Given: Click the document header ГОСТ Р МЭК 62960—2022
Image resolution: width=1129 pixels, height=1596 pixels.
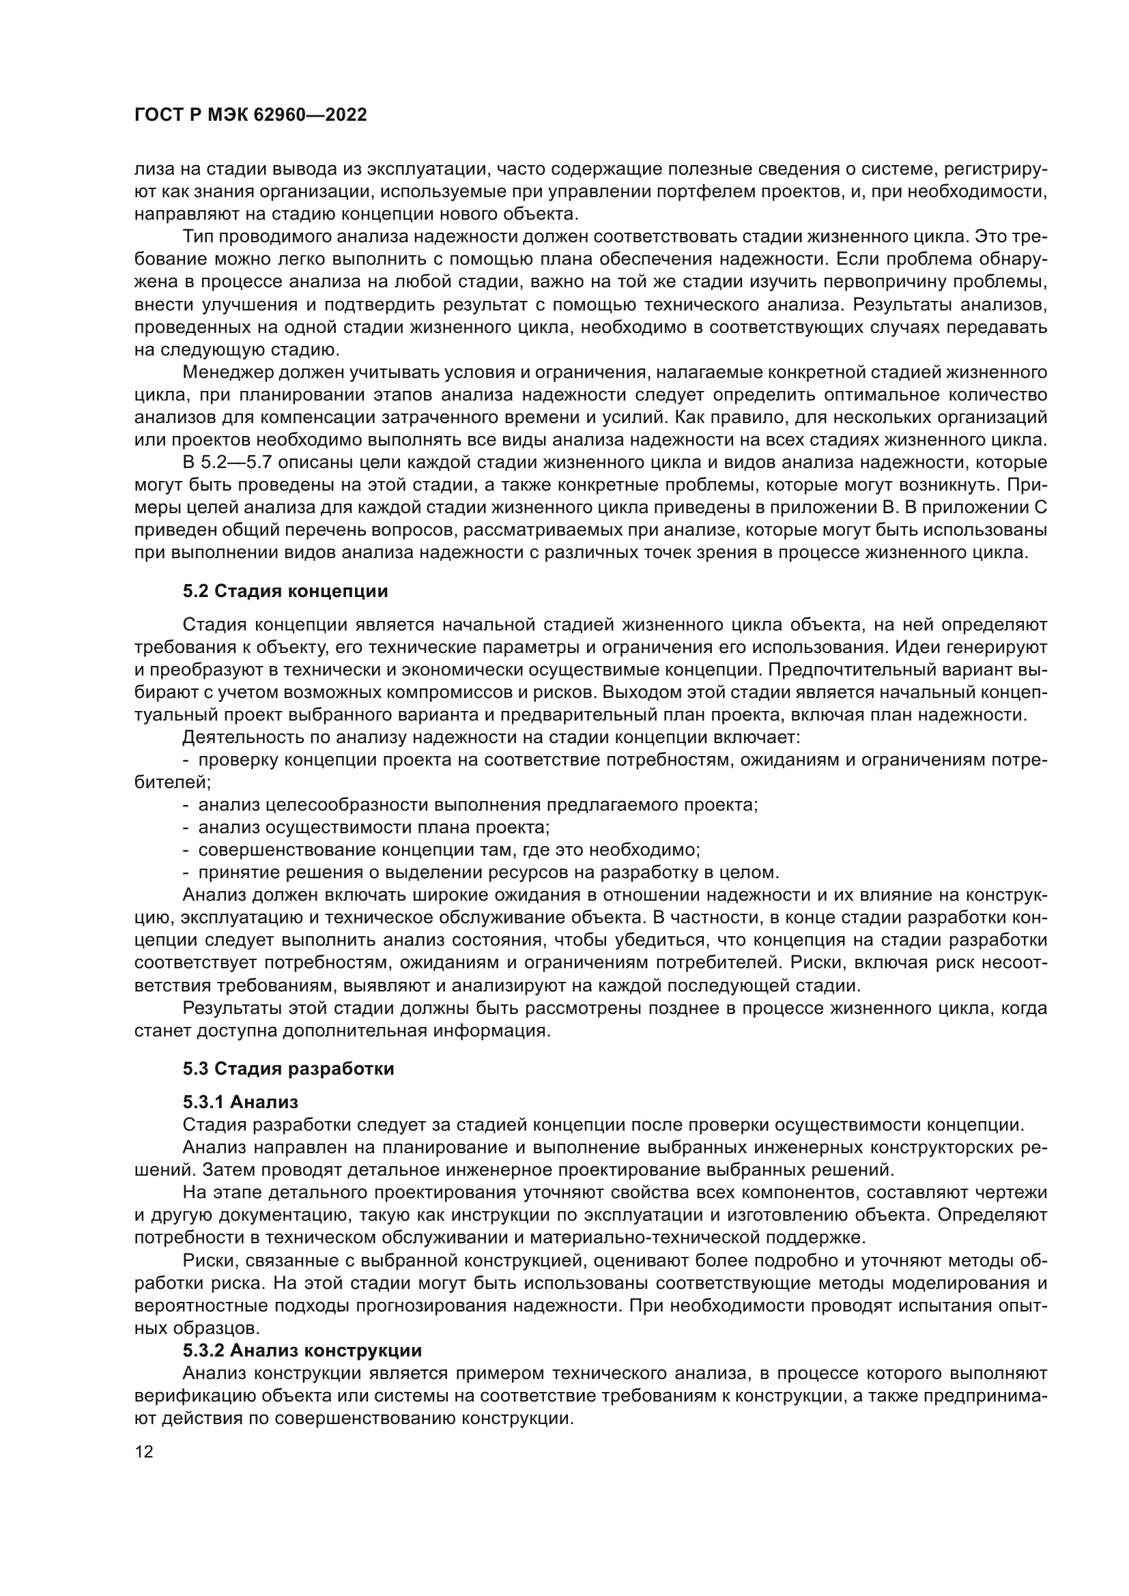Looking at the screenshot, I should point(251,115).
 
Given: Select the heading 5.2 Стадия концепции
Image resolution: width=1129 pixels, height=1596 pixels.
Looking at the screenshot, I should point(285,592).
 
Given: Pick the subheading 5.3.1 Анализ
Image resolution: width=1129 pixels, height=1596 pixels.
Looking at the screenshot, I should point(240,1102).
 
